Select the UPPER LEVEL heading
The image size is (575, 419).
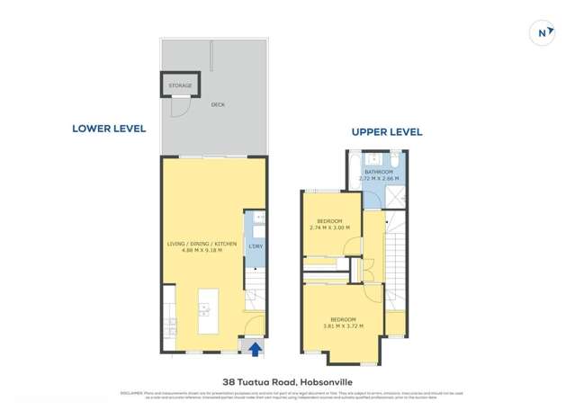[x=386, y=132]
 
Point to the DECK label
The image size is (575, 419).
[x=218, y=105]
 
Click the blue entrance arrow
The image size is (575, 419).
[x=255, y=349]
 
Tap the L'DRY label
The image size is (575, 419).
[x=256, y=246]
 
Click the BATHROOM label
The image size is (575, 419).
[x=378, y=172]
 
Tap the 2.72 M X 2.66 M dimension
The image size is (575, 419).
[x=378, y=178]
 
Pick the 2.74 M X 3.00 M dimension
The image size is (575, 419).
[x=328, y=227]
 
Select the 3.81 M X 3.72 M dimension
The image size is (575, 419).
[x=342, y=325]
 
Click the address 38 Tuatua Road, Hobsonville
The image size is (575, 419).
[x=287, y=381]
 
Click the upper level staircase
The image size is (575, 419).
[x=395, y=261]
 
